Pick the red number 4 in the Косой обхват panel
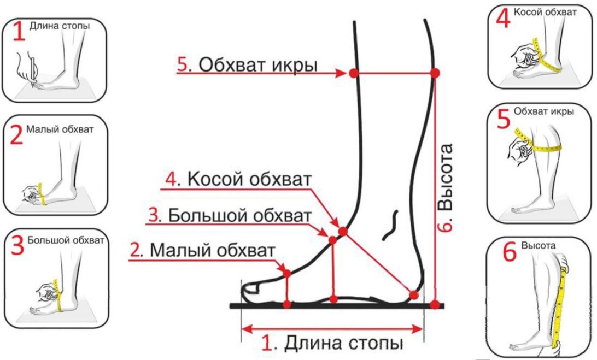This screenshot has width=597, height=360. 503,18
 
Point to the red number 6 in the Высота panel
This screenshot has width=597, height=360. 510,251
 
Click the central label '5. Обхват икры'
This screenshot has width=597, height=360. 247,65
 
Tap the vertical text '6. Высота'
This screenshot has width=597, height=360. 445,187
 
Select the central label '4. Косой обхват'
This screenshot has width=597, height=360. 239,179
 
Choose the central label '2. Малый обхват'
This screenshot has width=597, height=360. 202,250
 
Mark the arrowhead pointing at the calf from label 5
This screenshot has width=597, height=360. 340,73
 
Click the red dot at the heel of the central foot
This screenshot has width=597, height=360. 414,294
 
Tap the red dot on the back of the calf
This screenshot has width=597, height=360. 435,73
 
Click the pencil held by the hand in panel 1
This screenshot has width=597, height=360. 34,71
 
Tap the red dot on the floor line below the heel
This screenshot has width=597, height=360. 435,304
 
